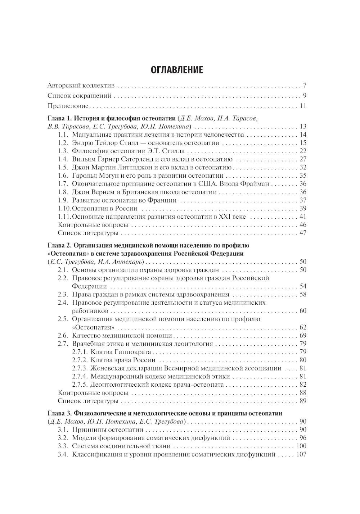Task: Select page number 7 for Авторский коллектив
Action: click(304, 86)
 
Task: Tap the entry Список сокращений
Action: click(79, 96)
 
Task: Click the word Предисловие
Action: click(68, 106)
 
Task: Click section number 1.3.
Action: click(63, 151)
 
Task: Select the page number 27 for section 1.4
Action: click(302, 159)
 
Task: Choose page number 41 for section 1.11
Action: click(302, 217)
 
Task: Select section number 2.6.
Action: click(63, 336)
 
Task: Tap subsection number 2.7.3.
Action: click(81, 368)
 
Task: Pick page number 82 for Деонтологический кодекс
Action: click(302, 385)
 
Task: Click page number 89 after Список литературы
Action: click(302, 401)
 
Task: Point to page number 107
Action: click(301, 455)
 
